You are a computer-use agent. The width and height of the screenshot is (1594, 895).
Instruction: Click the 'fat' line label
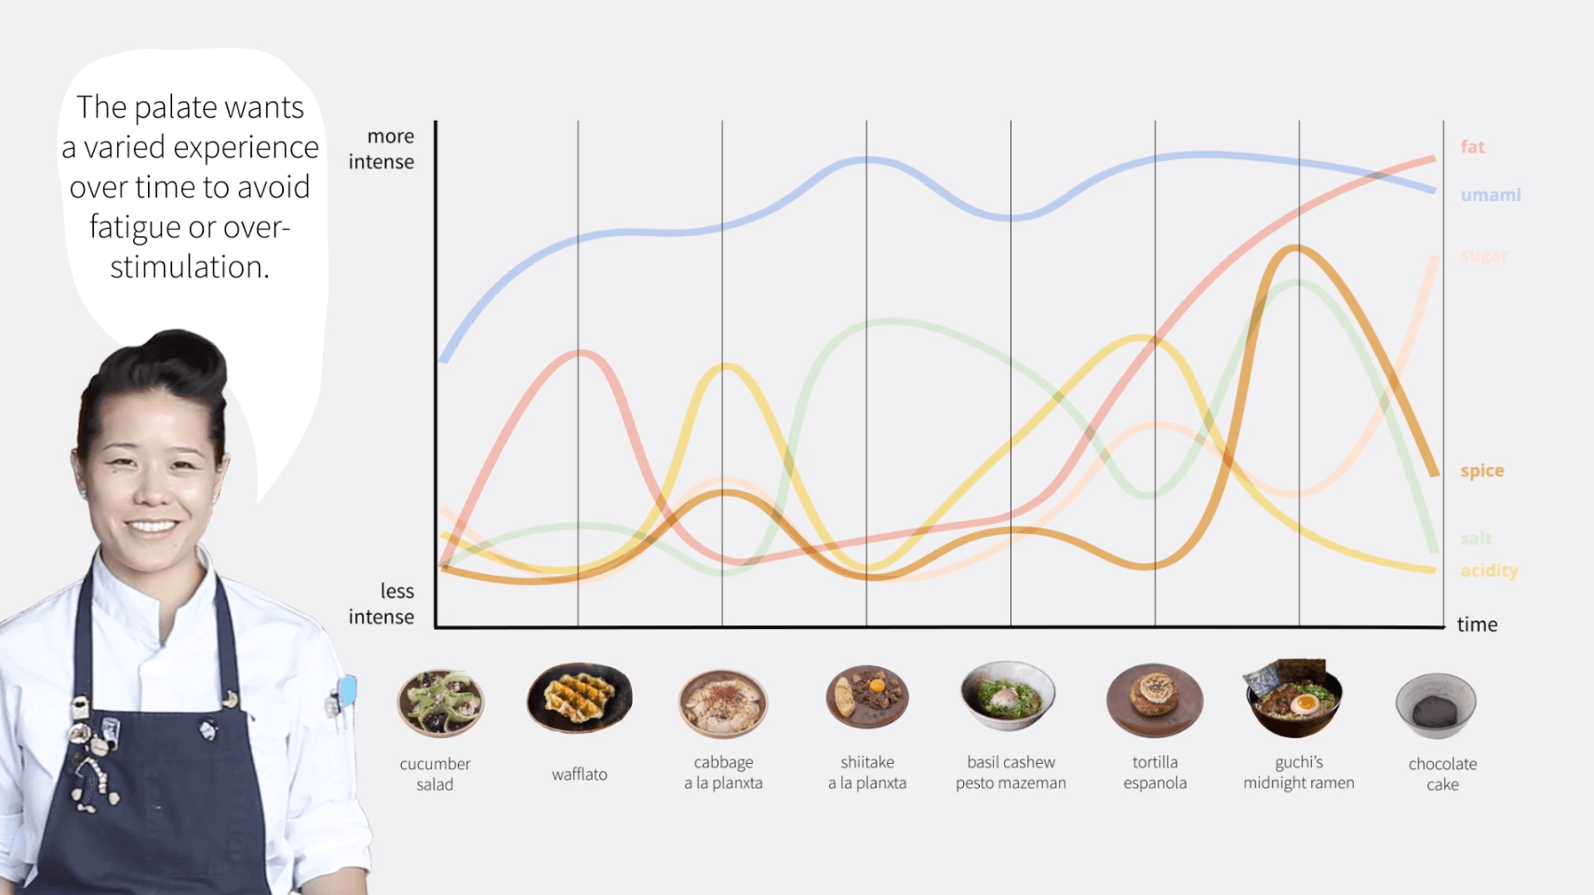[1472, 147]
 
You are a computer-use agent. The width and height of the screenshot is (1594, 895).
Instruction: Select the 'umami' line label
[1490, 195]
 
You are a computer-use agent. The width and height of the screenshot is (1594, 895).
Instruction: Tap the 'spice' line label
[1481, 471]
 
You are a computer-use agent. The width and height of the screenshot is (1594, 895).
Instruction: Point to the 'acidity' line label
[1488, 570]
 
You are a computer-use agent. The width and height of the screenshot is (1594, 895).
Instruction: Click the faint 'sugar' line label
[1483, 255]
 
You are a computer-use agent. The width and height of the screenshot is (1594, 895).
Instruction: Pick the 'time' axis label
[1477, 624]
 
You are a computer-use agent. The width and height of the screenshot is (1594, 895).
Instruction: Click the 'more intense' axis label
[382, 149]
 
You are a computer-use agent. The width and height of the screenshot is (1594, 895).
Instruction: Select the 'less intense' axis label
[382, 604]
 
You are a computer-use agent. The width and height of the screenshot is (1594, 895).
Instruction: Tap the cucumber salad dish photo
[440, 703]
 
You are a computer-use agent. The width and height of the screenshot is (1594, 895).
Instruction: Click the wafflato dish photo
[579, 698]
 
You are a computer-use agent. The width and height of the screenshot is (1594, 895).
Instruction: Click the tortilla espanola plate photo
[1154, 700]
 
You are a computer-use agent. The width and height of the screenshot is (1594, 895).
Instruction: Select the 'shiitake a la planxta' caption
[867, 773]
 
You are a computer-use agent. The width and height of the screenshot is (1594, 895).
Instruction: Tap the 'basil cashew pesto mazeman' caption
[1011, 773]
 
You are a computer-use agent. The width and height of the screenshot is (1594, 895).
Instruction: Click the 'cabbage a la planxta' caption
[723, 773]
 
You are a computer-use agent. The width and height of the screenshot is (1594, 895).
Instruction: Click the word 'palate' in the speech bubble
[172, 108]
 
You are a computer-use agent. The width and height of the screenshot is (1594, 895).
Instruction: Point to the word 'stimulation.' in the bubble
[190, 268]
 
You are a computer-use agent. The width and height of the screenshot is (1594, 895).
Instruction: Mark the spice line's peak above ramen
[1294, 248]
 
